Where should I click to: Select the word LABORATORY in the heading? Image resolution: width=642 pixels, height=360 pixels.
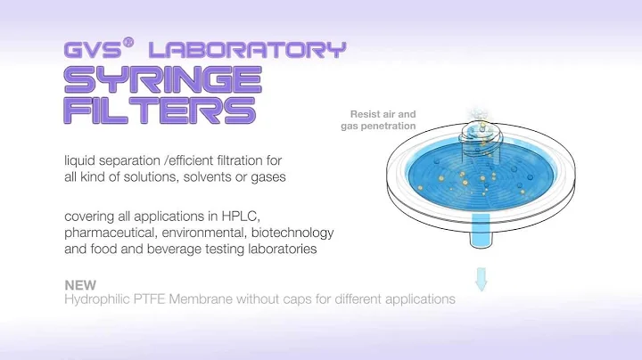247,49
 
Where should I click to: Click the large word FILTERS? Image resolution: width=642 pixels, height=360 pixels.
158,110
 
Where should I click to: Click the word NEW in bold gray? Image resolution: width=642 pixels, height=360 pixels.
80,285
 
